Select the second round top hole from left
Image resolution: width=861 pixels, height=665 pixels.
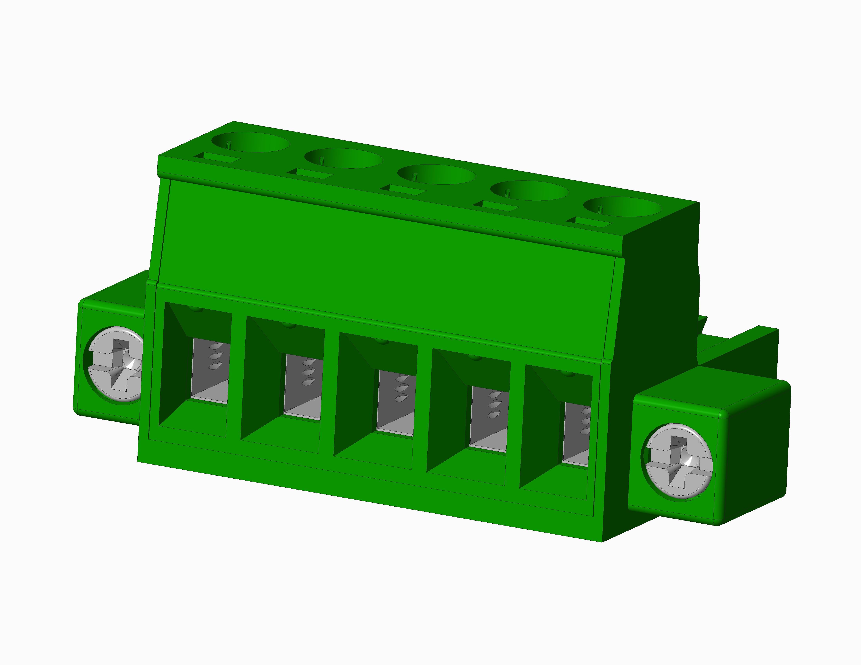[343, 158]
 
